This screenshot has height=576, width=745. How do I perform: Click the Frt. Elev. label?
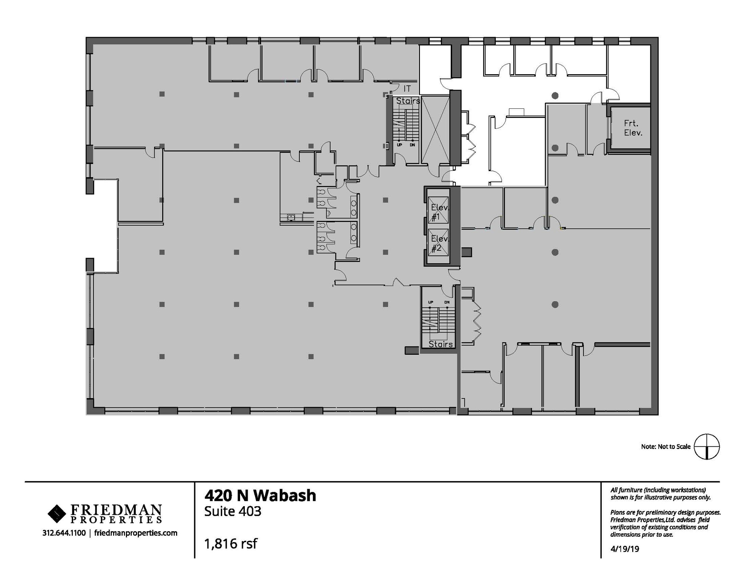(x=633, y=128)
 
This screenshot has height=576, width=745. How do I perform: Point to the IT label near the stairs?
(x=407, y=88)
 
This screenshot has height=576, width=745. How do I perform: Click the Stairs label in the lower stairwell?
(x=440, y=344)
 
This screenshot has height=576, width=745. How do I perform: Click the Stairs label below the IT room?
(x=408, y=101)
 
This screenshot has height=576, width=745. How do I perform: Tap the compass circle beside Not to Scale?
(x=706, y=446)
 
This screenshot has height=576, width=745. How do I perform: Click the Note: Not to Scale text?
(x=665, y=446)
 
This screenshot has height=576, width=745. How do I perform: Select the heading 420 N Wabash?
(x=260, y=496)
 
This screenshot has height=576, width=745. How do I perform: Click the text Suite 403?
(x=232, y=512)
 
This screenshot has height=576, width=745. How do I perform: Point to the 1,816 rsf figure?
(x=231, y=544)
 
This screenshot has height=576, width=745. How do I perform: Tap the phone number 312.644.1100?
(x=64, y=533)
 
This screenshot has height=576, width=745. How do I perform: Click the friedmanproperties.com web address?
(x=136, y=533)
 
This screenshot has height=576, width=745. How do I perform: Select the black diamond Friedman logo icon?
(x=56, y=513)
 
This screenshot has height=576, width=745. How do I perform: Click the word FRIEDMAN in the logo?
(x=116, y=509)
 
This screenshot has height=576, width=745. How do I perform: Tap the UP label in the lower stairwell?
(x=430, y=302)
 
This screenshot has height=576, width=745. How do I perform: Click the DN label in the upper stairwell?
(x=412, y=145)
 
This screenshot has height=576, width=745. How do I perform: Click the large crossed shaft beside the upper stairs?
(x=435, y=130)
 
